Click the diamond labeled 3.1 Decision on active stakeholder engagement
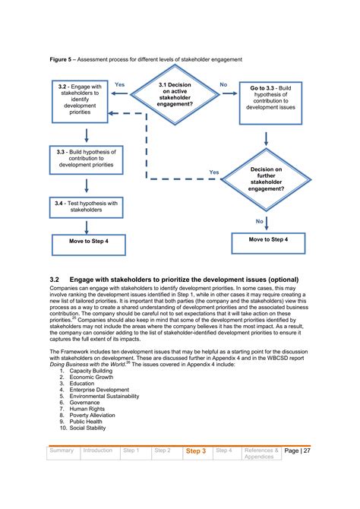pos(175,94)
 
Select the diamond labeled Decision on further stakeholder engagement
pos(266,179)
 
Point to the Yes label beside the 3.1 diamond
pos(119,84)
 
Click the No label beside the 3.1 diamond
pos(223,84)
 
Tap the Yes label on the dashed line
pos(214,172)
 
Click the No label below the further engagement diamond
pos(259,220)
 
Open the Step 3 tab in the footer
pos(196,451)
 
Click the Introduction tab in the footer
pos(98,451)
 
